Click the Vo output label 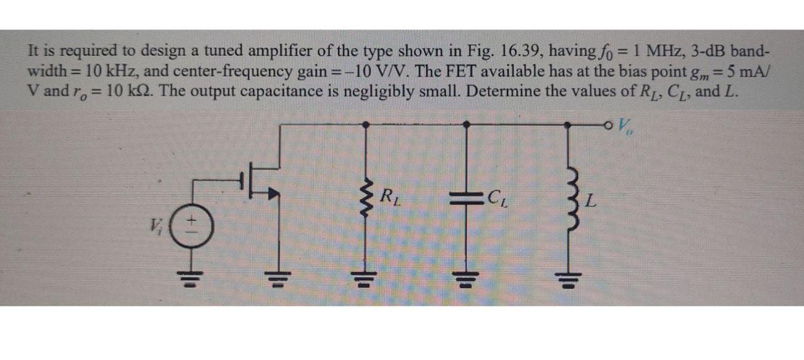(x=625, y=128)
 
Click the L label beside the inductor (x=590, y=202)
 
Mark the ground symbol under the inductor (x=569, y=278)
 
